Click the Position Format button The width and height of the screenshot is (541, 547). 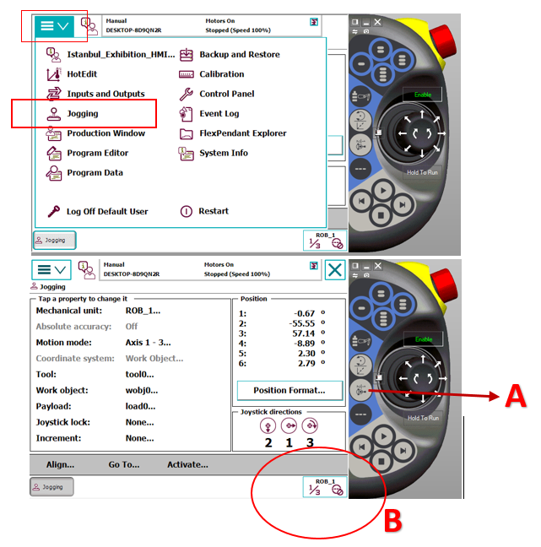(289, 390)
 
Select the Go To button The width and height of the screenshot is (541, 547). (124, 464)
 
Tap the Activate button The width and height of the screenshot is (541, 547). (187, 464)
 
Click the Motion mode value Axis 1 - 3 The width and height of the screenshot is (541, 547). (149, 343)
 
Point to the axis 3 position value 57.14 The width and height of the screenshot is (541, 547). (304, 333)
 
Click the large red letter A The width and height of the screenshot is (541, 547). (516, 396)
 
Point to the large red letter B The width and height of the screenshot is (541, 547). (393, 521)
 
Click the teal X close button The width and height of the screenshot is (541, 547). (335, 269)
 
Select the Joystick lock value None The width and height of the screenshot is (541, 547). (139, 422)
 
